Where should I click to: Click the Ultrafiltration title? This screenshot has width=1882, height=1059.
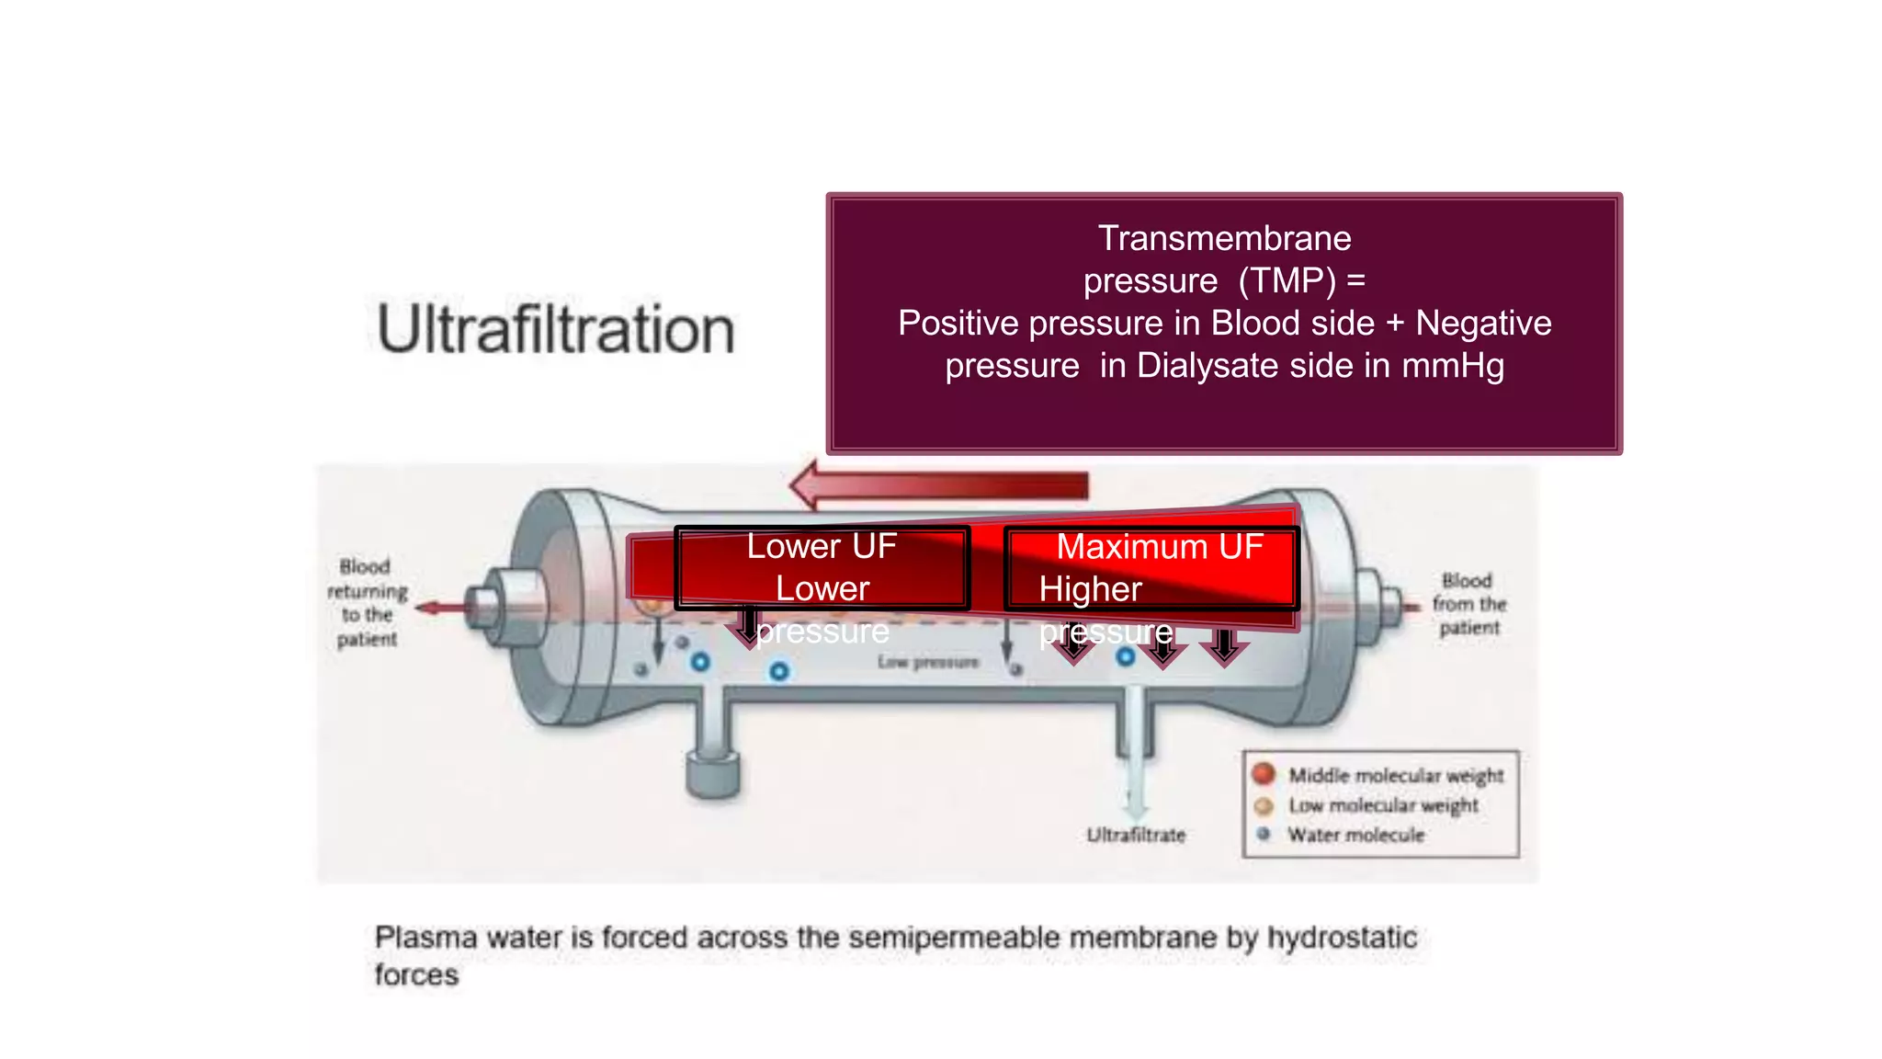tap(556, 329)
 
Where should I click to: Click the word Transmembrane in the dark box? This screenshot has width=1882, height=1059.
tap(1224, 239)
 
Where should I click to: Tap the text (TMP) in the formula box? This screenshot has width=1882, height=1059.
tap(1287, 281)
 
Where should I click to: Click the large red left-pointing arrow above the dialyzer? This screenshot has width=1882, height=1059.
tap(937, 485)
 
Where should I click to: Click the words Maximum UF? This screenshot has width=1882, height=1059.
tap(1160, 547)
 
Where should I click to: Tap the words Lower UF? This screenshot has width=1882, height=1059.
tap(822, 547)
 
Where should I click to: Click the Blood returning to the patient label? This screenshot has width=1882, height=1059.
tap(368, 602)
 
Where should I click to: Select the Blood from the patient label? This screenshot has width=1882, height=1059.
tap(1468, 604)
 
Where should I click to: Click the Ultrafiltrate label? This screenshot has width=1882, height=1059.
tap(1136, 835)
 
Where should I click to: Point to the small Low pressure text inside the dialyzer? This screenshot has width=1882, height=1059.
tap(927, 662)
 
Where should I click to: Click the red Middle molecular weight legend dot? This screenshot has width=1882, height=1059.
tap(1264, 774)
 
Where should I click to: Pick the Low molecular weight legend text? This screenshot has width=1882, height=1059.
tap(1383, 805)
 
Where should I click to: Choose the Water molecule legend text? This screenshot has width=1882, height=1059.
tap(1355, 835)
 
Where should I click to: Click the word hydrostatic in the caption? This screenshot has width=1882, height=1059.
tap(1342, 938)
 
